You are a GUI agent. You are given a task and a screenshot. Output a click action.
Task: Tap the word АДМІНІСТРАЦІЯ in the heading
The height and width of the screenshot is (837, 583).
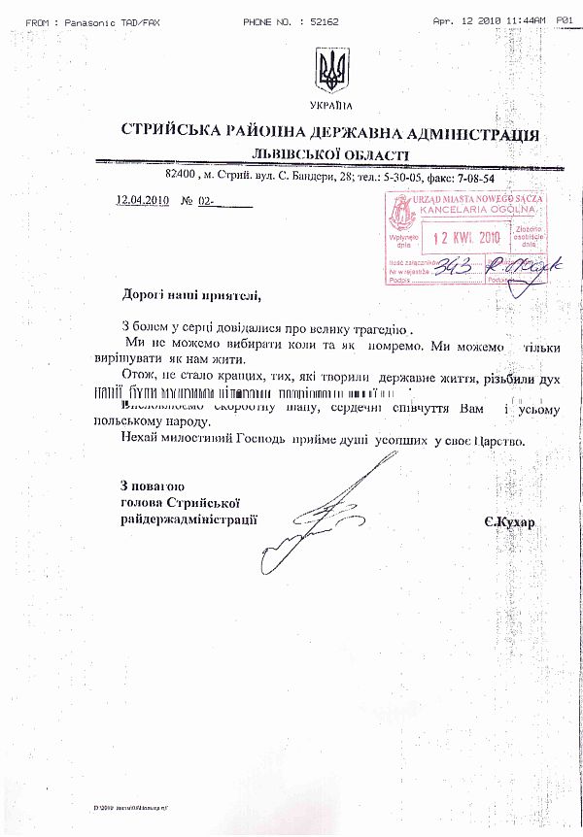coord(467,134)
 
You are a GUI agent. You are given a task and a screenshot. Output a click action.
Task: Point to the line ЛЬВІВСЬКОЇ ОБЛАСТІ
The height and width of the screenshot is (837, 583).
coord(329,155)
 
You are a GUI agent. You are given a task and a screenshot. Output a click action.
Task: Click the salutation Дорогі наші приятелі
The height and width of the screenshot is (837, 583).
coord(191,294)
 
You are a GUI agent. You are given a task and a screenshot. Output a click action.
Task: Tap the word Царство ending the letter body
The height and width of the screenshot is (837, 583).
coord(497,441)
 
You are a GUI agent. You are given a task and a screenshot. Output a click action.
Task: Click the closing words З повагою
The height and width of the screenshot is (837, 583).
coord(153,485)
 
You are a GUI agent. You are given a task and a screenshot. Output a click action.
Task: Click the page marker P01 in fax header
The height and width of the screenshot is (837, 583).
coord(566,6)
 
